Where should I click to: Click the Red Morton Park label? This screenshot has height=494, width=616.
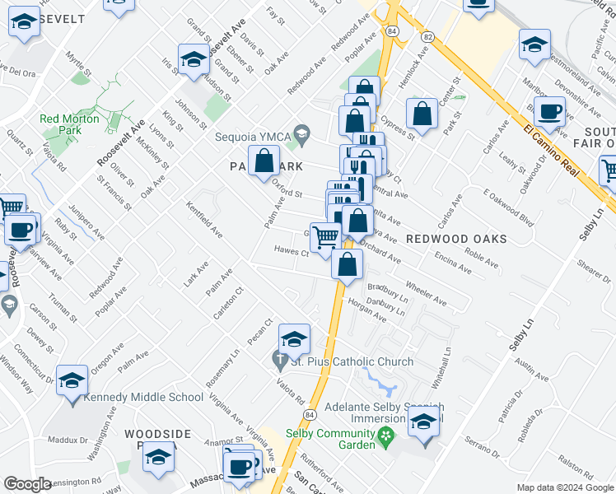tap(69, 124)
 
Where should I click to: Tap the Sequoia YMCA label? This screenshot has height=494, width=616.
tap(251, 137)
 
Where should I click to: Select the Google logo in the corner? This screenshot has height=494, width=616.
tap(27, 484)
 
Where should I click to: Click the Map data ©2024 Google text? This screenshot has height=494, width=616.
tap(564, 487)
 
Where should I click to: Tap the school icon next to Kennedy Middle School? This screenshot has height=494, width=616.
tap(72, 380)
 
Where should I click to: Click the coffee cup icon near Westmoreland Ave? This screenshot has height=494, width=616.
tap(549, 112)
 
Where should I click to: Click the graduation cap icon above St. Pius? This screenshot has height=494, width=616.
tap(294, 338)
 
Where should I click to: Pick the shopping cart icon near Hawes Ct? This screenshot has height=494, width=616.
tap(325, 237)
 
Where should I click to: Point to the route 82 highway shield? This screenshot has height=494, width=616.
tap(427, 37)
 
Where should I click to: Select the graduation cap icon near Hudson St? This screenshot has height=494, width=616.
tap(194, 59)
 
